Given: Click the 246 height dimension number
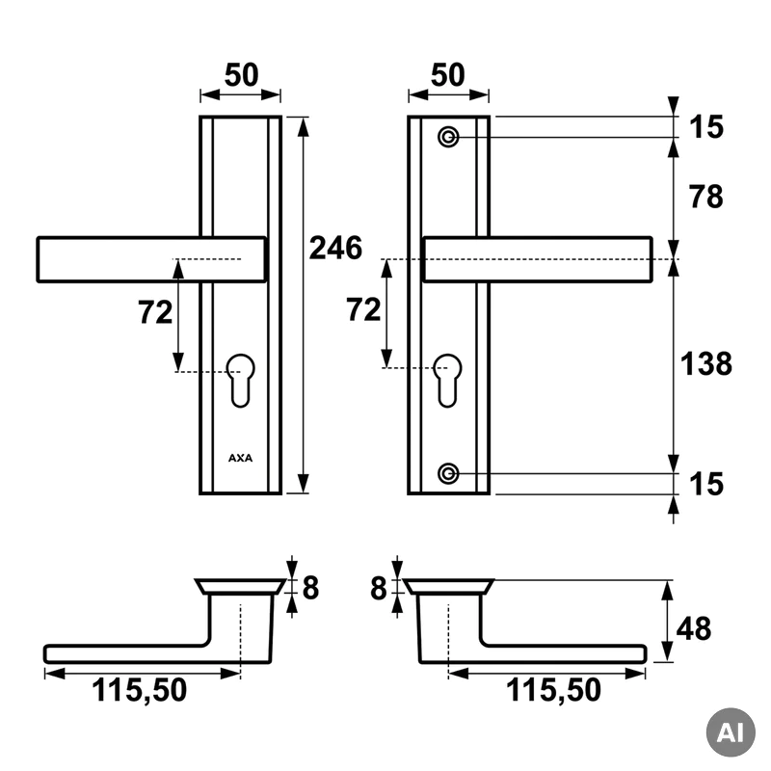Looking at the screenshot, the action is [335, 248].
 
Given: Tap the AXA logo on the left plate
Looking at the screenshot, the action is [240, 458].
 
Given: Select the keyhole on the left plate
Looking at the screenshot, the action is [241, 380].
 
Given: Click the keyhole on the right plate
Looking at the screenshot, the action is [448, 380].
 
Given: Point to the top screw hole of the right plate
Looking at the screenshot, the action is [448, 137].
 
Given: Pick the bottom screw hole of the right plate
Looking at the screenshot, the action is [448, 473].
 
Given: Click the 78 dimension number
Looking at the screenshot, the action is [705, 197].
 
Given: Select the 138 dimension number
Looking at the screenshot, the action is [706, 364].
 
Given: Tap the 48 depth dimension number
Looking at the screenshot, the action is [694, 629].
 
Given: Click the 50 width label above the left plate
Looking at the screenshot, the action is [242, 75].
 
